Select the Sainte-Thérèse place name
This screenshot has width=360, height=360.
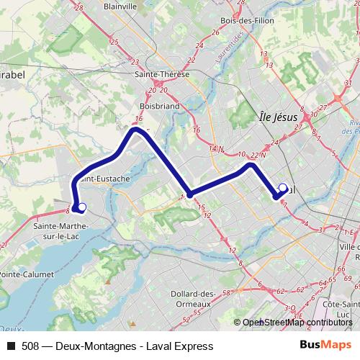tap(162, 74)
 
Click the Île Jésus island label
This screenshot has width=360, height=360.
tap(278, 117)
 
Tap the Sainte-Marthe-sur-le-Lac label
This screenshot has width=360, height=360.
tap(60, 230)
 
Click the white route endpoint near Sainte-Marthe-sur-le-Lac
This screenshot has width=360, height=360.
tap(82, 208)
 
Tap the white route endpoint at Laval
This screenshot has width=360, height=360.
tap(283, 189)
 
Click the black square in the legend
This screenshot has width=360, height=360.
tap(10, 346)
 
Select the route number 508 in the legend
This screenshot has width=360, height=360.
tap(31, 346)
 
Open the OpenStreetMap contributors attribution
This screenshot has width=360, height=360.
tap(297, 322)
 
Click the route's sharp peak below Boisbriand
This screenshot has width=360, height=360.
tap(134, 130)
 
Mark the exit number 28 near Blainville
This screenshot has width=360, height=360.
tap(79, 7)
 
